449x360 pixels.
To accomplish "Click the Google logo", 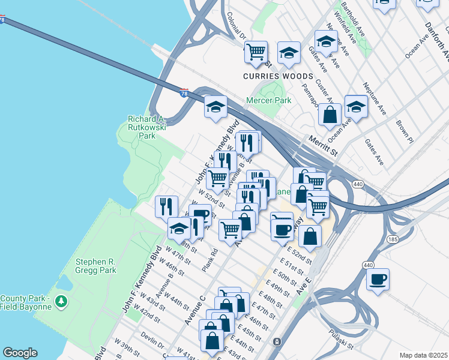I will (x=20, y=353).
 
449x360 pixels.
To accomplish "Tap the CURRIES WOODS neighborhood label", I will (x=278, y=76).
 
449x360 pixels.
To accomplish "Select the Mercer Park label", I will (x=269, y=100).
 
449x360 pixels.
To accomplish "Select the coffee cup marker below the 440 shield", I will (x=378, y=279).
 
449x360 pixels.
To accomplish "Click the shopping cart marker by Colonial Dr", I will (x=256, y=52).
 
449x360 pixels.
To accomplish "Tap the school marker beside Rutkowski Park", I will (x=216, y=107).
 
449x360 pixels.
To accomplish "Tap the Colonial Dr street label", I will (x=237, y=26).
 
